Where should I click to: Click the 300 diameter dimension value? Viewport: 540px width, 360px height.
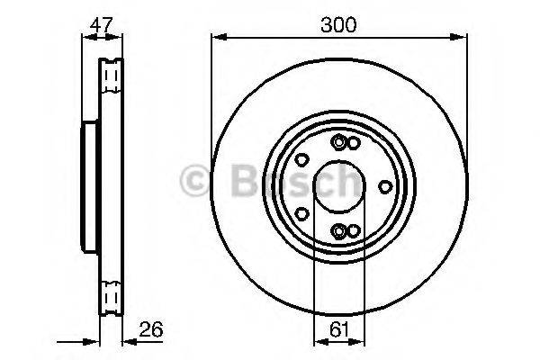(338, 24)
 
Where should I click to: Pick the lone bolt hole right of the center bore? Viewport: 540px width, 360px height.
(385, 186)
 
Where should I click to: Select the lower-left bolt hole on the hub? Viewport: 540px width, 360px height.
(302, 214)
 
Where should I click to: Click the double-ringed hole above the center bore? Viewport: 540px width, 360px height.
(338, 142)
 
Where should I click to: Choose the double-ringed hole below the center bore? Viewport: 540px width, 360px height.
(338, 231)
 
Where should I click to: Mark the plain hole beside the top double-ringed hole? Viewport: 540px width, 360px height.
(354, 143)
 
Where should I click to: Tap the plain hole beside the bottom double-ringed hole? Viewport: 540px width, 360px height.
(354, 231)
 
